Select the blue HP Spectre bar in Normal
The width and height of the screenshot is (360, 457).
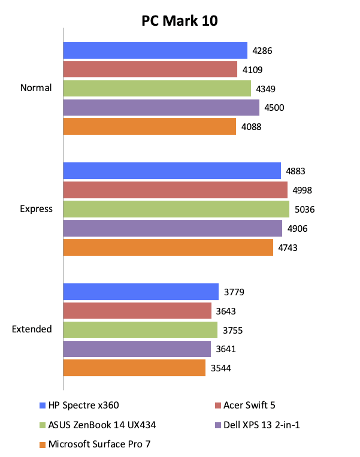pos(155,50)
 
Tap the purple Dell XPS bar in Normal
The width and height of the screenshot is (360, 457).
pos(161,108)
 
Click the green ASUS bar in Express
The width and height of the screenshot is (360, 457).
pos(176,210)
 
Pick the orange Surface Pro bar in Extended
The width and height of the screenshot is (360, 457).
pos(134,368)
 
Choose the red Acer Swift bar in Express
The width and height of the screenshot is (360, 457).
pos(175,190)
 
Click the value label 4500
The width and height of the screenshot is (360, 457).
pos(274,108)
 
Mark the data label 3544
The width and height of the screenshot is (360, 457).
pos(220,368)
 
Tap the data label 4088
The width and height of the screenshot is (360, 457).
pos(252,127)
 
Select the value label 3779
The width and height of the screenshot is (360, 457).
pos(234,292)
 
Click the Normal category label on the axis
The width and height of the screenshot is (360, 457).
pos(36,88)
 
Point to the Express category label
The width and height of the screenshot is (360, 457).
pos(36,209)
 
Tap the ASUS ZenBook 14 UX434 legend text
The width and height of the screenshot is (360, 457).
pos(105,425)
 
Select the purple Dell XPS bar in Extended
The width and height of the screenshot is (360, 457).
pos(137,349)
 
